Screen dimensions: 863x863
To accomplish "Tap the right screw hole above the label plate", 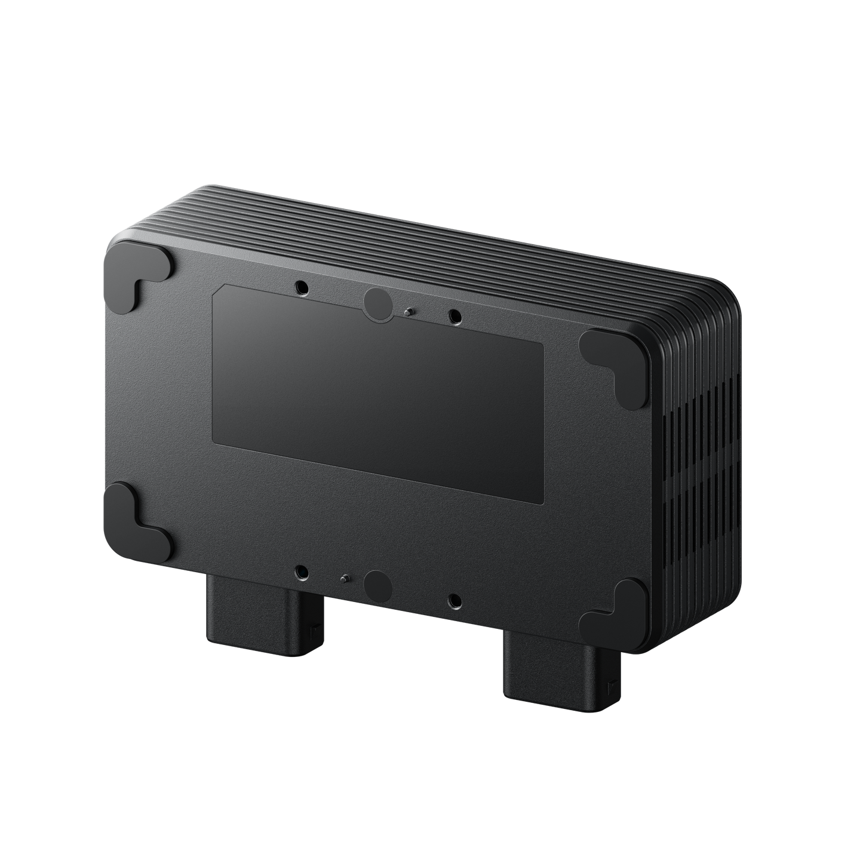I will tap(455, 315).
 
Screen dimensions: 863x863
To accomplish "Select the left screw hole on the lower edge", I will tap(303, 572).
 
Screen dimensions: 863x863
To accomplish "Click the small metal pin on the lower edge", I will tap(345, 578).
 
